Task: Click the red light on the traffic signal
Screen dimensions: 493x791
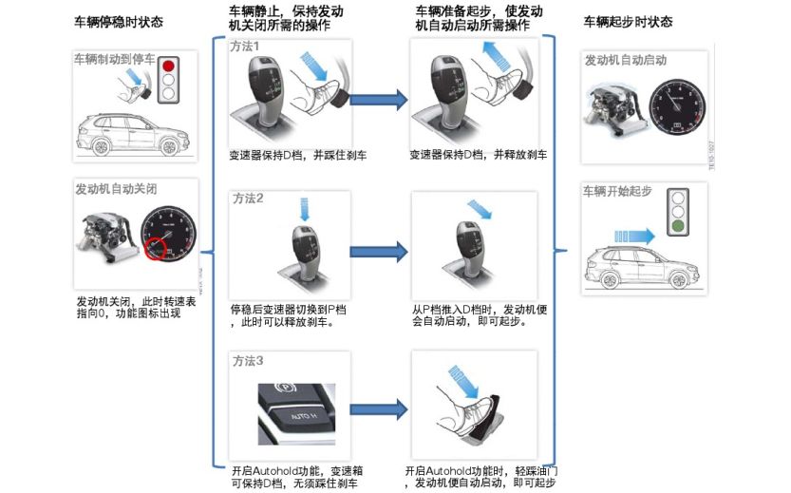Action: click(171, 66)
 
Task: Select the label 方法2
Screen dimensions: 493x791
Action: click(247, 199)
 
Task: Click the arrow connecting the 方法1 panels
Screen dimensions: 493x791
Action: click(377, 98)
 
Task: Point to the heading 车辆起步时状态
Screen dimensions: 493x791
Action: click(628, 21)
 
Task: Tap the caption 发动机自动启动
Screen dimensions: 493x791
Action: click(625, 60)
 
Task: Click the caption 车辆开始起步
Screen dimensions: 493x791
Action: click(617, 190)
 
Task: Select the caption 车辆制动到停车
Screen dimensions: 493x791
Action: click(116, 58)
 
